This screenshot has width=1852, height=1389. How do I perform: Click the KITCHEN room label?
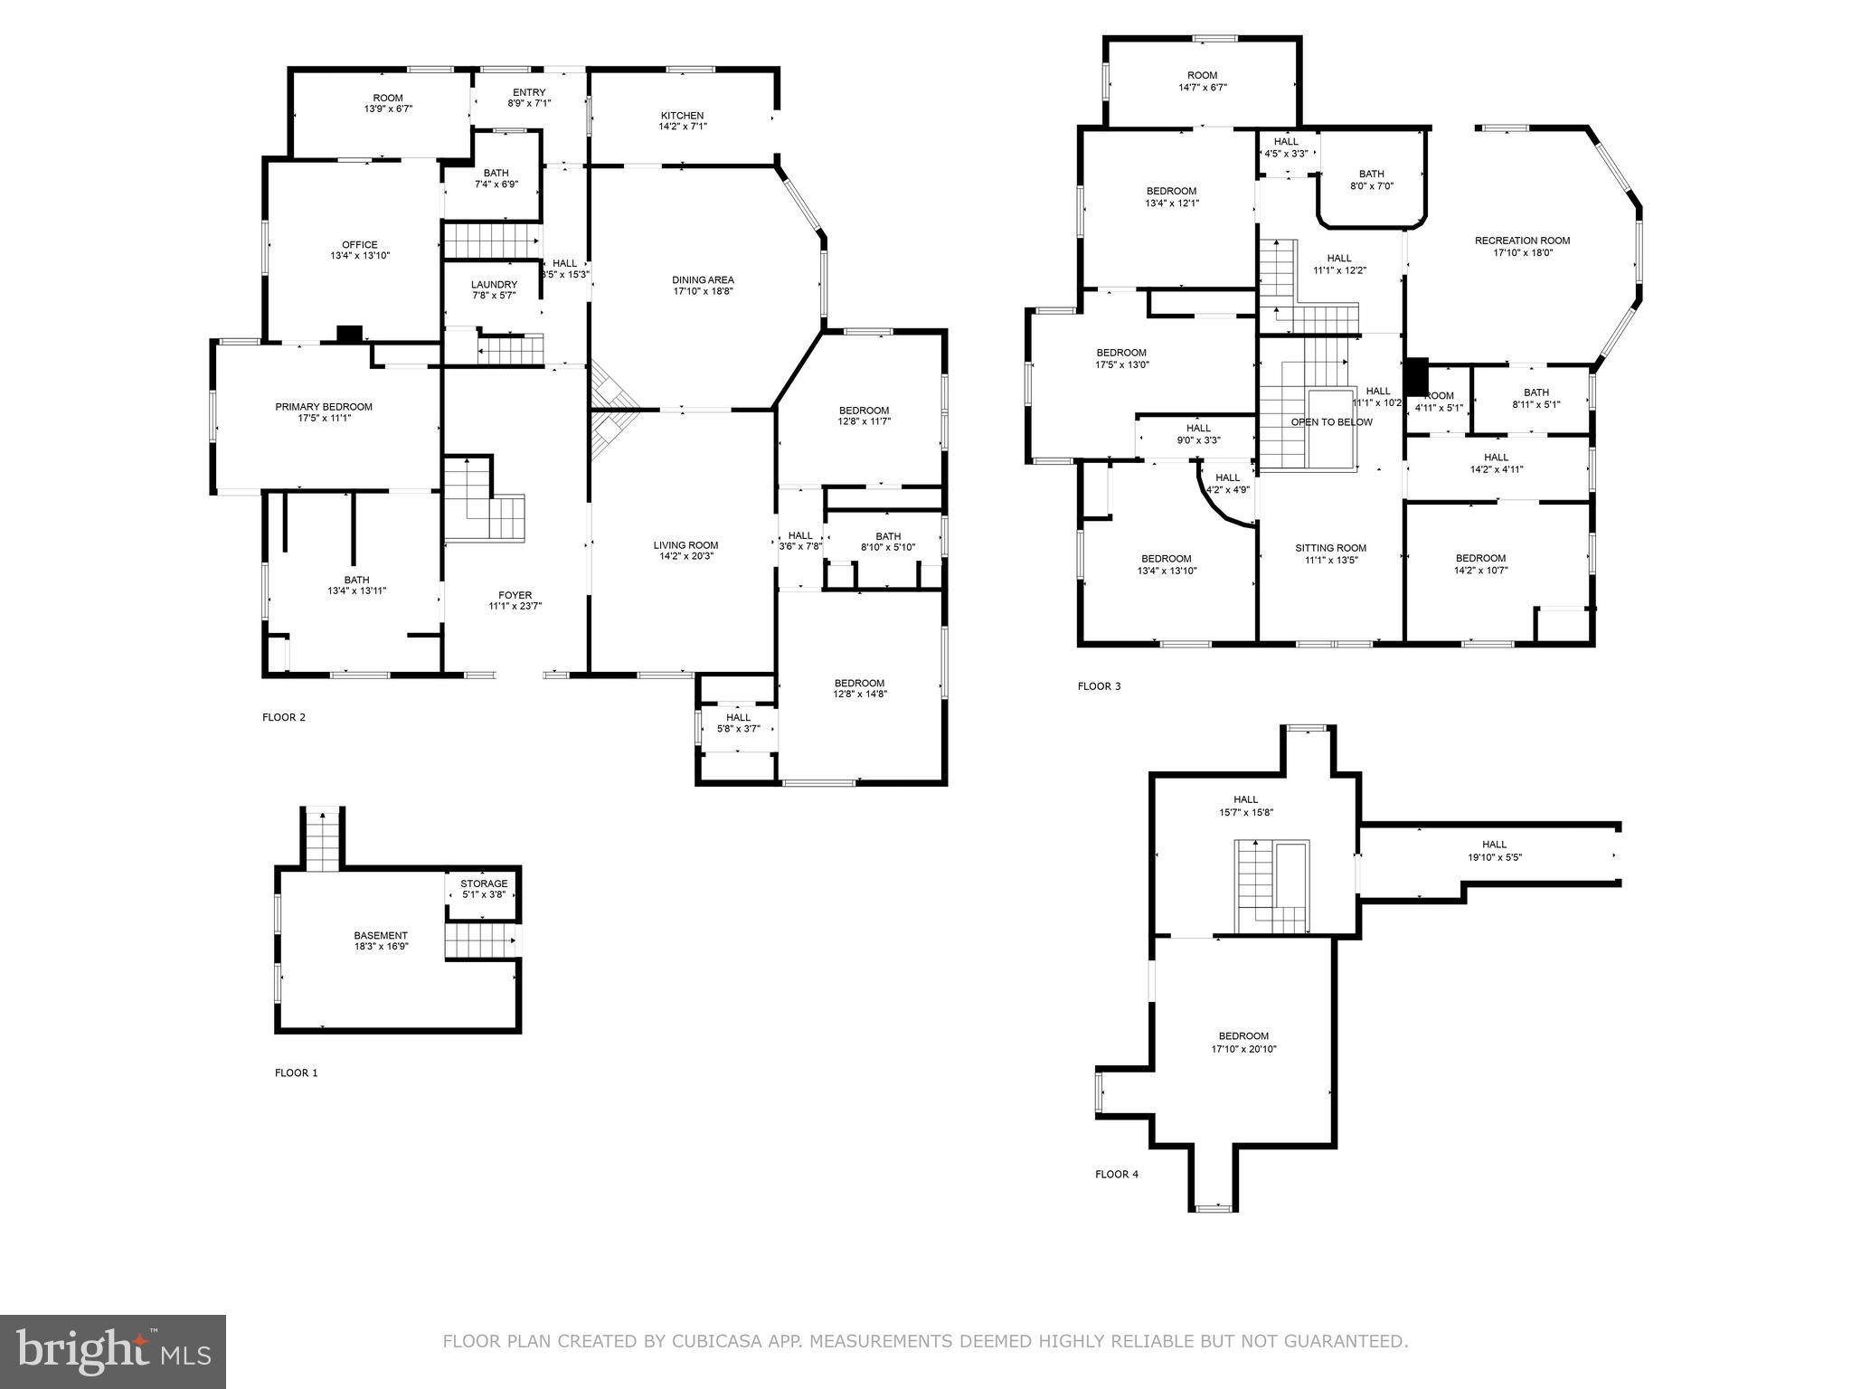682,116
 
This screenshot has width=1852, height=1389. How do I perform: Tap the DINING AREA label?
703,279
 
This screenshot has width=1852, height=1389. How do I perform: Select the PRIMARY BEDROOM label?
324,407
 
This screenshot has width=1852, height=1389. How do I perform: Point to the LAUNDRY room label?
494,284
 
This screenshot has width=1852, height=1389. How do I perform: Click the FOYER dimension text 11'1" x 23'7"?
515,607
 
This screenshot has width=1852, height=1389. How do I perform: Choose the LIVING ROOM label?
685,545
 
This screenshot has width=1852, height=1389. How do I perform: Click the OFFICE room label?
359,244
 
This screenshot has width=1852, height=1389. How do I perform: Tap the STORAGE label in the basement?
484,883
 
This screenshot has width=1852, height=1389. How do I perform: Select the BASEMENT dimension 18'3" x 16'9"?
381,947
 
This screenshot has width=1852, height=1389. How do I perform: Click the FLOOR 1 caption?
296,1072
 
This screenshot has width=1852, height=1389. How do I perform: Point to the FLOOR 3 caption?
1099,686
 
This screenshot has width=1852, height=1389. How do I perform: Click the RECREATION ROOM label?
1522,241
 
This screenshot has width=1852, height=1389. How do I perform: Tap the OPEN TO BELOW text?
1331,422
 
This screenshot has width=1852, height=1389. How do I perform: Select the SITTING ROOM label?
1330,548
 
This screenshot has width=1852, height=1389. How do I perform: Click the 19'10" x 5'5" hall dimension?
1494,857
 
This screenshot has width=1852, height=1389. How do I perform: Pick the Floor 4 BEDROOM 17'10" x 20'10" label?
1243,1036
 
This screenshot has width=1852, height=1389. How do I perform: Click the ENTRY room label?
529,92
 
